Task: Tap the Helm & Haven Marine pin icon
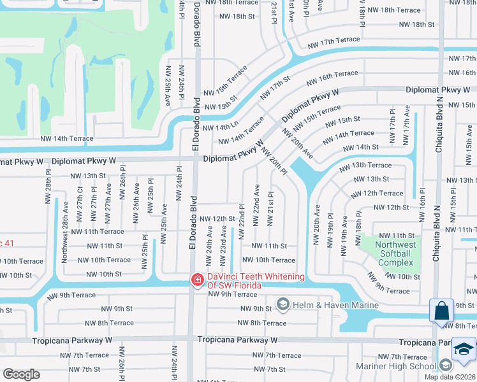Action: (283, 305)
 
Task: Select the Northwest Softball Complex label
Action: (395, 253)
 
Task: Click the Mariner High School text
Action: (404, 366)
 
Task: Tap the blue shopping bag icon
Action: (441, 311)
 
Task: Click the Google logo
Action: (21, 374)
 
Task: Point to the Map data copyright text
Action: (450, 377)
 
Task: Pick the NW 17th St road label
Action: (274, 88)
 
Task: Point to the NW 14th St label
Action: (361, 147)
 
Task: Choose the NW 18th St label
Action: (415, 24)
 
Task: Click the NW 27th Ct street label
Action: (80, 202)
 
